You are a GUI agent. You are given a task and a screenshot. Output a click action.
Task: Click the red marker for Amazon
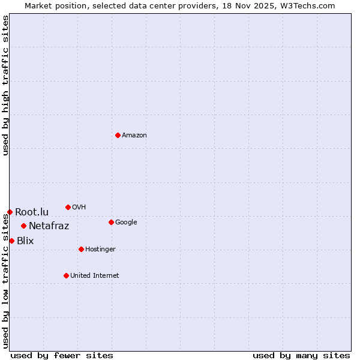click(x=118, y=135)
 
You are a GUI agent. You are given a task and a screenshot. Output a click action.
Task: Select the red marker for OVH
click(x=68, y=207)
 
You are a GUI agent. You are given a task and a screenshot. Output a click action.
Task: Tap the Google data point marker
click(x=111, y=222)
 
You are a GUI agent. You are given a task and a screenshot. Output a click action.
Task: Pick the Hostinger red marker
click(x=81, y=249)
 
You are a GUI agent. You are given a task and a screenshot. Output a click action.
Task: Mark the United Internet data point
click(x=66, y=275)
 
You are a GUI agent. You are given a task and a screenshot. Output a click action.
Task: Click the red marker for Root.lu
click(x=10, y=212)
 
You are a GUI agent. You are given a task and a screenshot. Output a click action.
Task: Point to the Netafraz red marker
click(x=23, y=226)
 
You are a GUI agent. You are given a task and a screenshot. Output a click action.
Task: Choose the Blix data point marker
click(x=11, y=241)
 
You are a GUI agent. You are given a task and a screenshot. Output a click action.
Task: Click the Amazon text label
click(x=134, y=136)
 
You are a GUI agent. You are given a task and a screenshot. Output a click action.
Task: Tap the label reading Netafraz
click(x=49, y=226)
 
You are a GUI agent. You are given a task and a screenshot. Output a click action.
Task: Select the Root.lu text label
click(x=32, y=212)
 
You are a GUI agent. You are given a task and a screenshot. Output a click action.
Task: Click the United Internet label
click(x=95, y=276)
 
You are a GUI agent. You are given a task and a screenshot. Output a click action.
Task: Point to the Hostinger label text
click(x=100, y=250)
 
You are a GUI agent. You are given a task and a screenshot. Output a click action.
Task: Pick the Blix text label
click(x=25, y=241)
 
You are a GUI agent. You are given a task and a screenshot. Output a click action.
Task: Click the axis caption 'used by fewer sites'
click(x=62, y=355)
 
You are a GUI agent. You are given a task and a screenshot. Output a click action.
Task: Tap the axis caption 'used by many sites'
click(x=301, y=355)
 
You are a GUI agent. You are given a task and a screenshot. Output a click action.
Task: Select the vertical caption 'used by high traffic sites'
click(x=6, y=85)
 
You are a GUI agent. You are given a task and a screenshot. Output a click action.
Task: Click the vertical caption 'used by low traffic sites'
click(x=6, y=281)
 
